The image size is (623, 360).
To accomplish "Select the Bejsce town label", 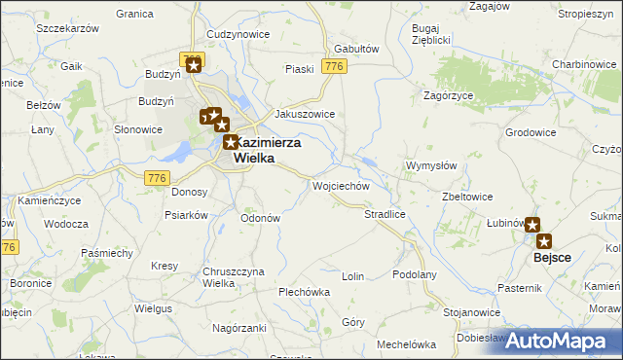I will (x=553, y=259).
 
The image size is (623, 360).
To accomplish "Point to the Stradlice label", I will (x=385, y=213).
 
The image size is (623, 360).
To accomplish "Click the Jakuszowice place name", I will (x=305, y=114).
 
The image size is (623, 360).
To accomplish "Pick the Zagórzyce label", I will (x=448, y=95).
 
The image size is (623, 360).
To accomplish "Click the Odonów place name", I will (x=261, y=218).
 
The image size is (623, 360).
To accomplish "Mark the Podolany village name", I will (x=415, y=275).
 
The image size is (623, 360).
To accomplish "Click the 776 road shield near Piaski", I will (x=335, y=66).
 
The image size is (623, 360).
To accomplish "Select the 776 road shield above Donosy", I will (x=158, y=177).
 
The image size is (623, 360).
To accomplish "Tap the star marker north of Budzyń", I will (x=194, y=65).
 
